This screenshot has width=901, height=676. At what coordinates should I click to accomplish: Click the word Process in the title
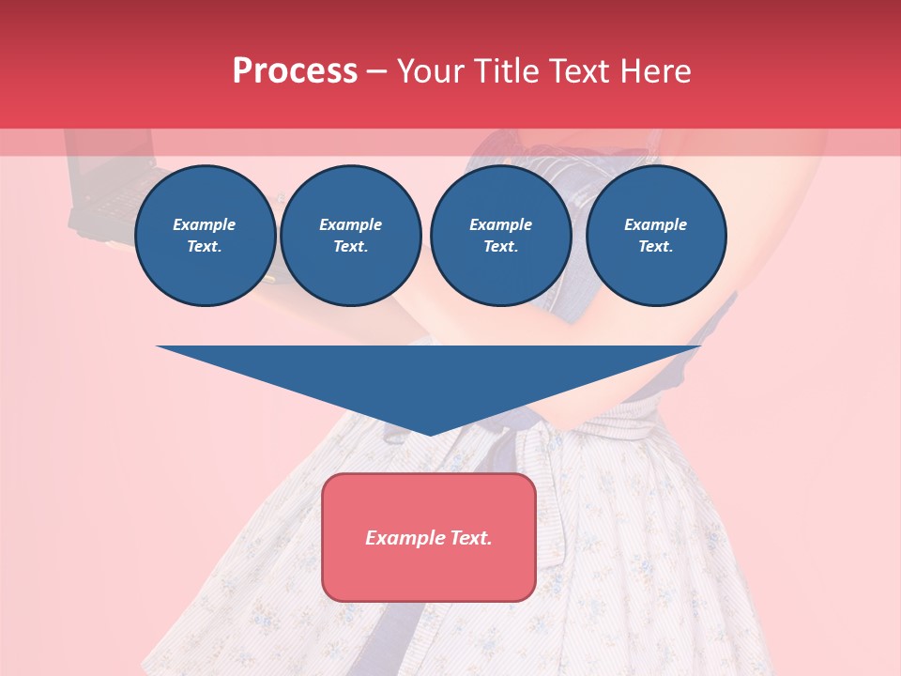[295, 71]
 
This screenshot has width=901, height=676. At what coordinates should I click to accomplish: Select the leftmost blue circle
[206, 236]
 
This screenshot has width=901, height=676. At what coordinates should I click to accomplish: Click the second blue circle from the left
[351, 236]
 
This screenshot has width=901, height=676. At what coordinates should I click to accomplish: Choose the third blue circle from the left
[501, 236]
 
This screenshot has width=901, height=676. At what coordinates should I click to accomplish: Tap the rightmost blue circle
[656, 236]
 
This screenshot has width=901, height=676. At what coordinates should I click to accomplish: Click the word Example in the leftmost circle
[205, 224]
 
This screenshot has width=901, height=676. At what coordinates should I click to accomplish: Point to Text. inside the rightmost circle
[656, 247]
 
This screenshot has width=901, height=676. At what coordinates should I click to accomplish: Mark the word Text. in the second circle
[351, 247]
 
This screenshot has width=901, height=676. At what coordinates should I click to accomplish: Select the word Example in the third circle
[501, 224]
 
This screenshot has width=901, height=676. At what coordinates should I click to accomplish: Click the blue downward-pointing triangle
[429, 376]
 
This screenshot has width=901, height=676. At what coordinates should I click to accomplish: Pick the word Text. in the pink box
[471, 538]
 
